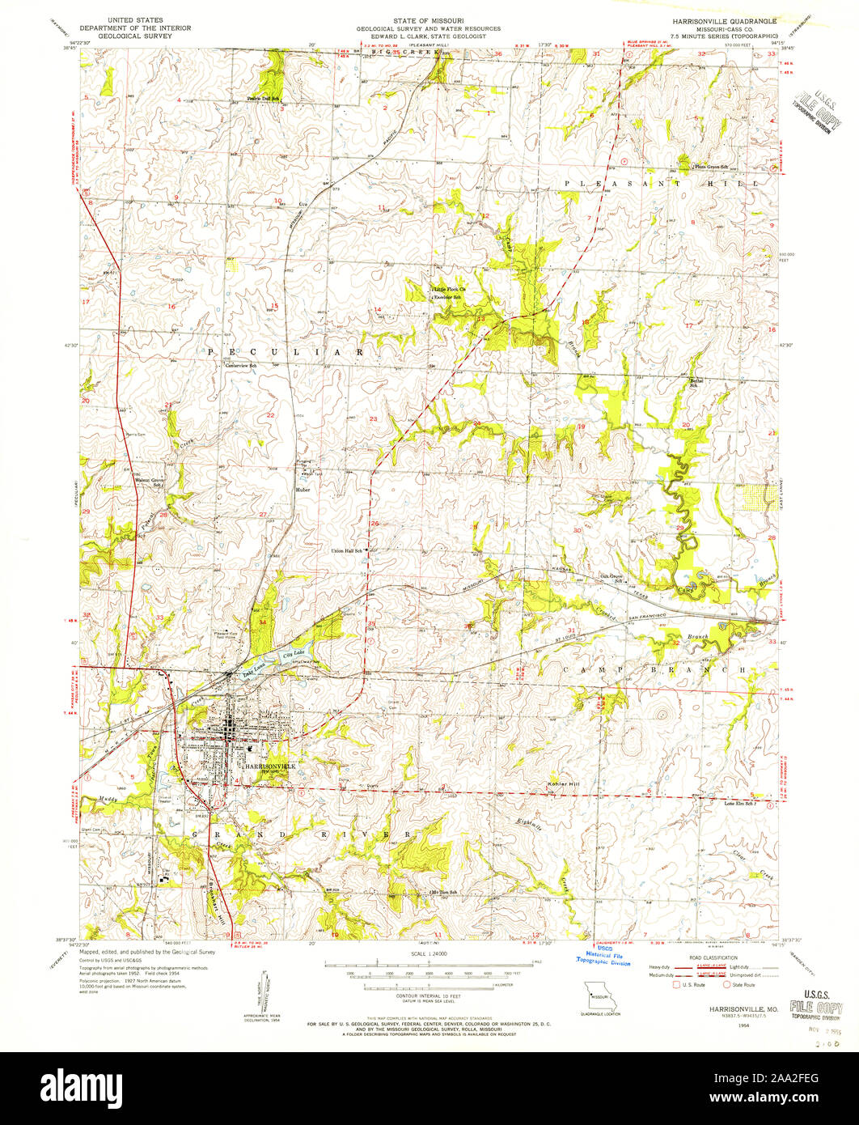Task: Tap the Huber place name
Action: point(303,490)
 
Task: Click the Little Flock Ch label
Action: point(451,289)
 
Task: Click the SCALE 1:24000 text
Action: point(429,955)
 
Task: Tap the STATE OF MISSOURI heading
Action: point(429,19)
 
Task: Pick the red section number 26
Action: point(374,524)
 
